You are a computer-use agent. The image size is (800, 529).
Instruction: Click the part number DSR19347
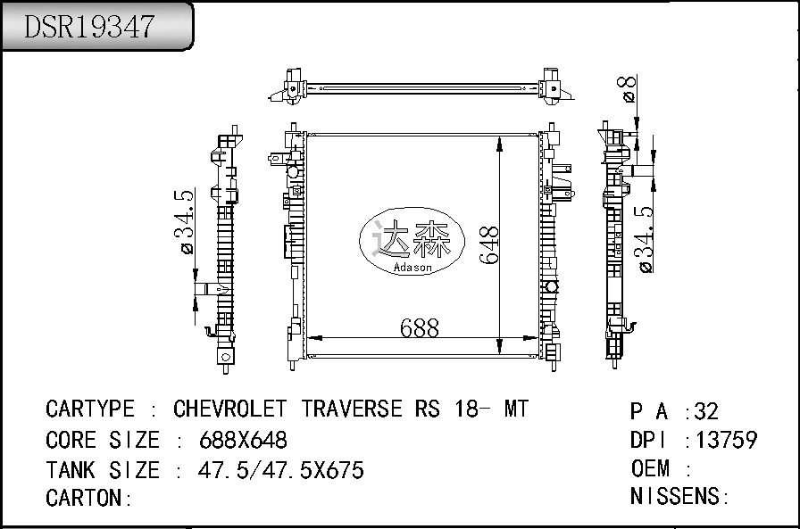point(89,27)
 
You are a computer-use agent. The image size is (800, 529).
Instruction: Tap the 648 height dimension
point(488,244)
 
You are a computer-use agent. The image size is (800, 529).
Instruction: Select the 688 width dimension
point(420,328)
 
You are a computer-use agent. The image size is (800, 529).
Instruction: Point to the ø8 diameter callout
point(629,88)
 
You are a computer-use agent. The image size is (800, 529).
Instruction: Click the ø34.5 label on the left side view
point(184,222)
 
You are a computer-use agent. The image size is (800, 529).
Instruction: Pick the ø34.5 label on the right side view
point(644,239)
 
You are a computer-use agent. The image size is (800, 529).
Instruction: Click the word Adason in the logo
point(412,267)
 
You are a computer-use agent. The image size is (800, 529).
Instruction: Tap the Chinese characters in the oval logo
point(412,238)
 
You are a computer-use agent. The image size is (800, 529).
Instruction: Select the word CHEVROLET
point(230,409)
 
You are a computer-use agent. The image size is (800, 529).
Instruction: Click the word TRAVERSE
point(352,409)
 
